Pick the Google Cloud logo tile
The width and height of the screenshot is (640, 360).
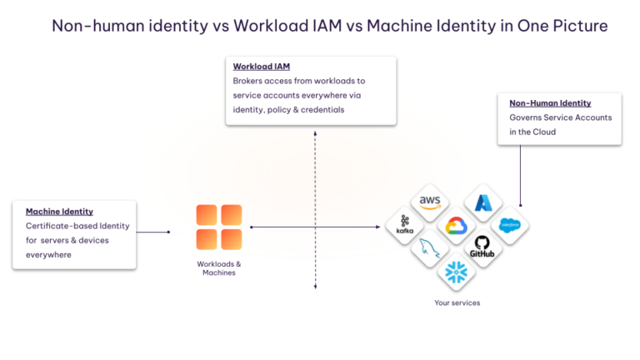click(456, 226)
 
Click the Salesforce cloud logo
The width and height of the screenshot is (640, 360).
click(509, 225)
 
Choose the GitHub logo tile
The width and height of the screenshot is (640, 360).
click(482, 248)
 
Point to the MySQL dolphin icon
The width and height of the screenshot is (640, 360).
click(430, 248)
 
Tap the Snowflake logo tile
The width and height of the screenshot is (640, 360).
click(456, 272)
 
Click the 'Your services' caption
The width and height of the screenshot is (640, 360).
click(457, 302)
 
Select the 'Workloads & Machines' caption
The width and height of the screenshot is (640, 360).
click(219, 267)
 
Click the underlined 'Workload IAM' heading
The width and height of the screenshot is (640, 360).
click(261, 66)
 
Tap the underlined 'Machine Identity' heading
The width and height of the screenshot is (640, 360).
click(59, 212)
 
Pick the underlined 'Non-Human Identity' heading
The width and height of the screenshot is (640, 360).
click(550, 103)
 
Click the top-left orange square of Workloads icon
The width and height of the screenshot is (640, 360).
click(207, 215)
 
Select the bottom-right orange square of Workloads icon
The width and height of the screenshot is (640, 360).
click(232, 240)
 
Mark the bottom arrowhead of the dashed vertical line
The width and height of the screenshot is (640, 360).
click(315, 287)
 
